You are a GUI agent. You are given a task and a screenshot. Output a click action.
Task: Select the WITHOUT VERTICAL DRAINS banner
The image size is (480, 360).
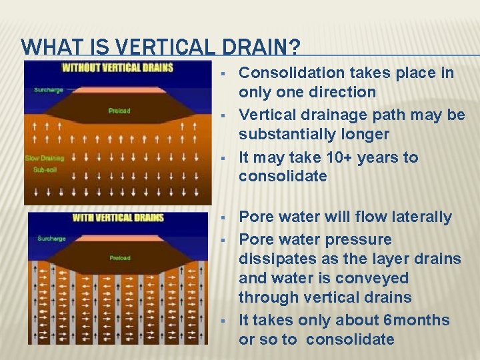point(117,67)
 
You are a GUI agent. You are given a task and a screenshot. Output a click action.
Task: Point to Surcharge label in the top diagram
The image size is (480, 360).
point(47,89)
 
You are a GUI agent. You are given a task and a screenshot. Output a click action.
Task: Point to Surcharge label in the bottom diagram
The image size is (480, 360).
point(51,238)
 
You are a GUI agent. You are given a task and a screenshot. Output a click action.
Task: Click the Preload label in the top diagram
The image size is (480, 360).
point(119,111)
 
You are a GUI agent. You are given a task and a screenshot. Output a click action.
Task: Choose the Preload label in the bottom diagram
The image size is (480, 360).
point(120,258)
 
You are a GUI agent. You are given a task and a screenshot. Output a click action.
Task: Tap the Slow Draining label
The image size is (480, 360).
point(44,158)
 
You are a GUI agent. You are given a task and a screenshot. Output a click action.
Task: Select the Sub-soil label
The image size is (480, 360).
point(37,170)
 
